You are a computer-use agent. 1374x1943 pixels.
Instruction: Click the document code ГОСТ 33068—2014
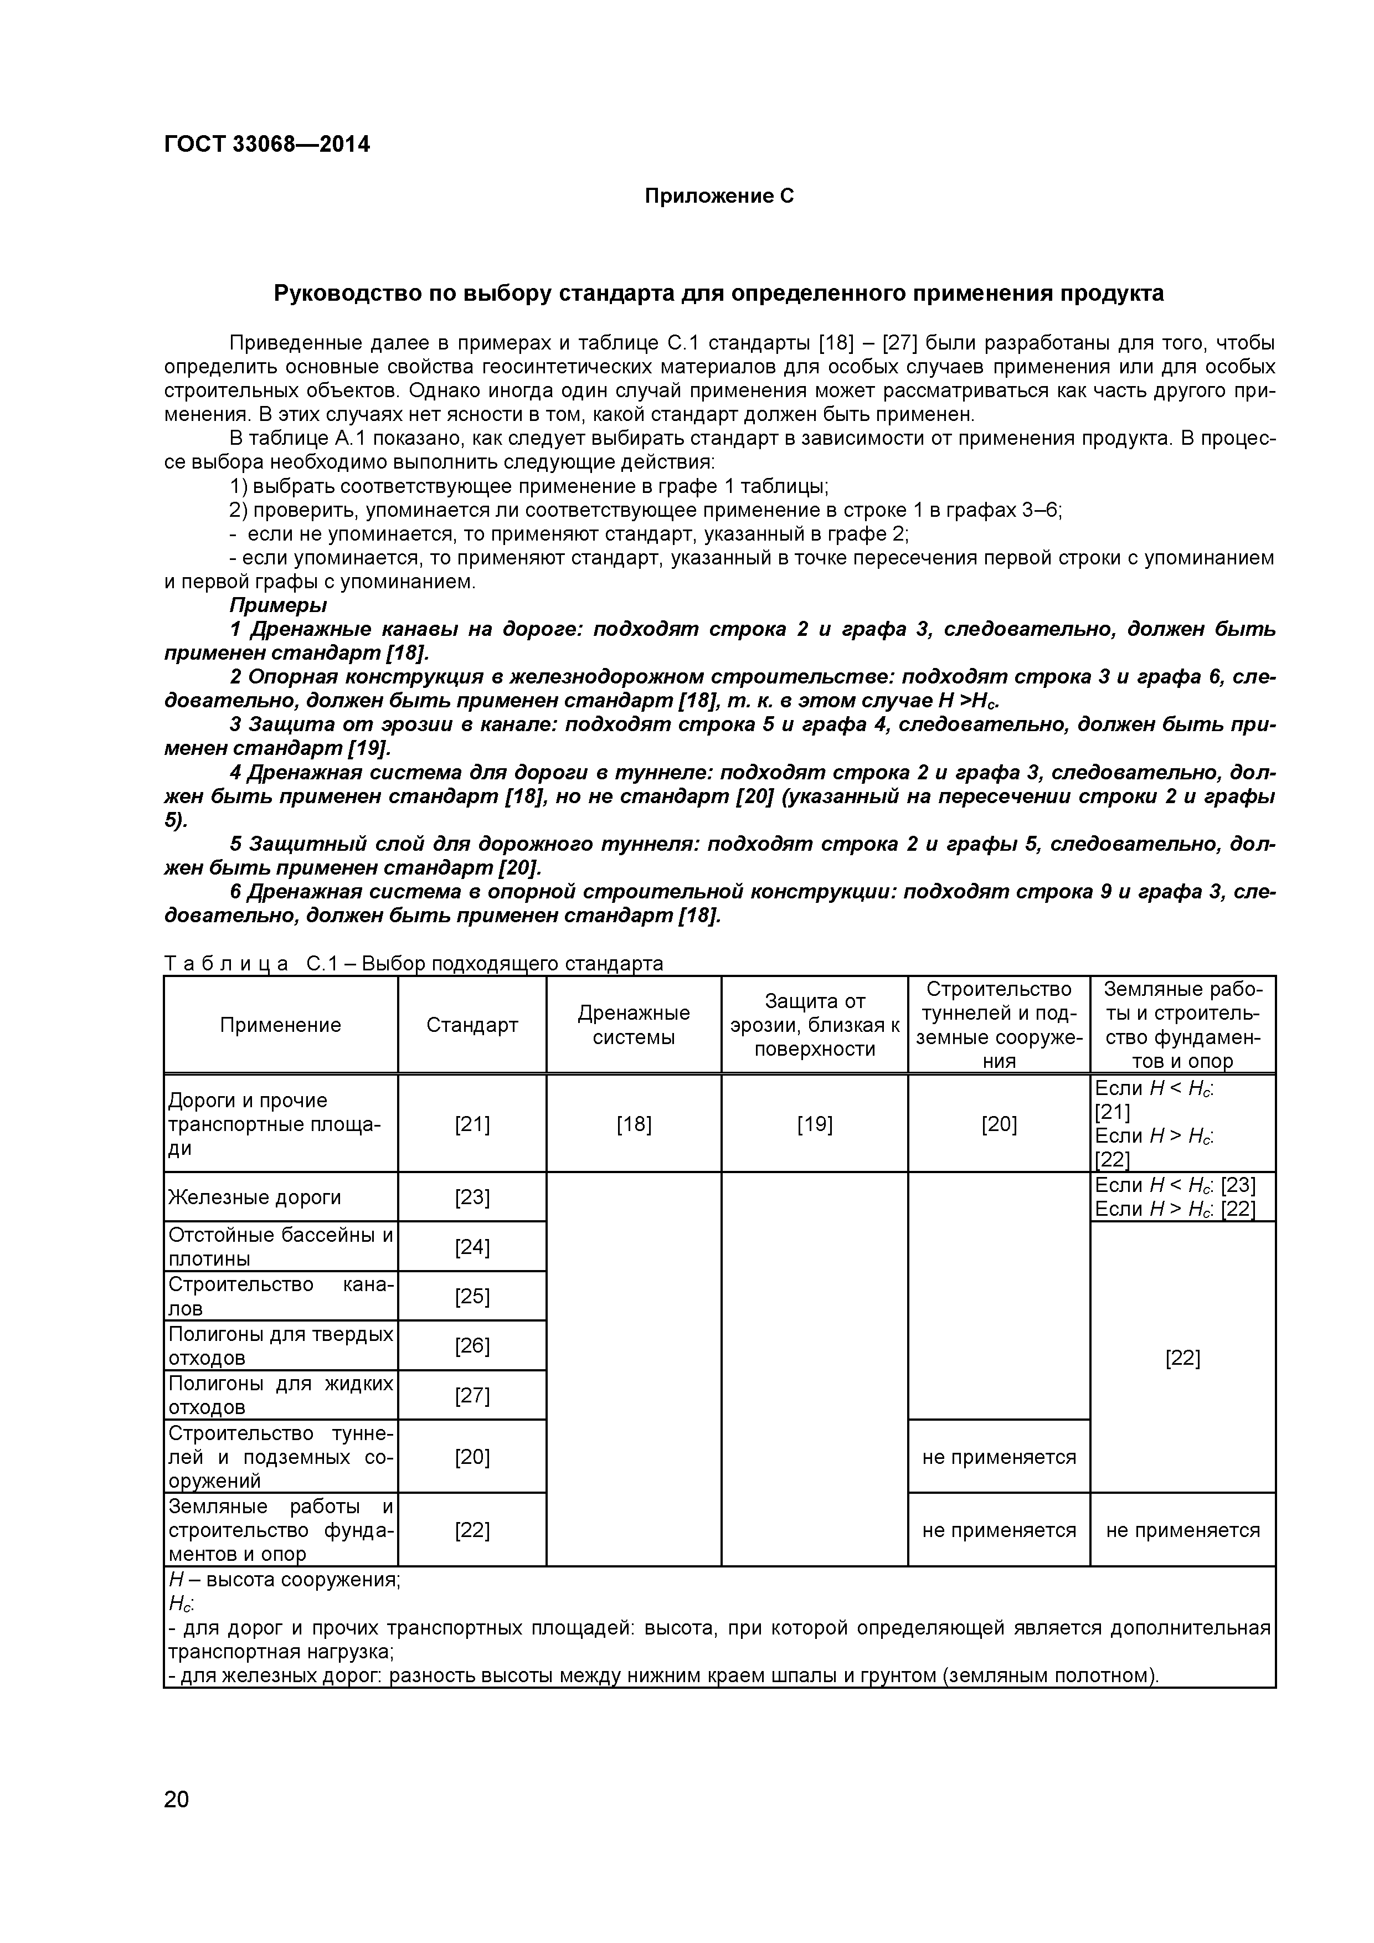click(266, 145)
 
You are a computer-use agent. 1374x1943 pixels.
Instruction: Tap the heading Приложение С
click(719, 196)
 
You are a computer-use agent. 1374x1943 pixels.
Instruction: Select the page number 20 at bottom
click(177, 1823)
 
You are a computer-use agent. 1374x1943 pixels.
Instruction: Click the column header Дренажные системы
click(633, 1025)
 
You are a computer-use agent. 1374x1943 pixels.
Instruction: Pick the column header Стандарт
click(472, 1025)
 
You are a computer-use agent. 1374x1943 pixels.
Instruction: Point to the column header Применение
click(280, 1025)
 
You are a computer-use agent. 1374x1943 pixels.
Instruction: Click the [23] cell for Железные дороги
click(472, 1196)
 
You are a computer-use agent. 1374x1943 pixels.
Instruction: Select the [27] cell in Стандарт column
click(472, 1395)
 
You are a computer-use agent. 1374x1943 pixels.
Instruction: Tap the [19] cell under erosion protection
click(814, 1124)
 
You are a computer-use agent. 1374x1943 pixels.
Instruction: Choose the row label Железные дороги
click(255, 1196)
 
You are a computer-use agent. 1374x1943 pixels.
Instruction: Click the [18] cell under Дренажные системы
click(633, 1124)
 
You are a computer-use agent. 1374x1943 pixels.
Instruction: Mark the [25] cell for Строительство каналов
click(472, 1296)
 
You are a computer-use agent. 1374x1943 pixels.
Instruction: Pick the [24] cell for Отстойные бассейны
click(472, 1247)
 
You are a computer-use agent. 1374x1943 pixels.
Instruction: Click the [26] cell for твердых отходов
click(472, 1345)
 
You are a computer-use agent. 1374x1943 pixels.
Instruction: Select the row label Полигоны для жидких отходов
click(280, 1395)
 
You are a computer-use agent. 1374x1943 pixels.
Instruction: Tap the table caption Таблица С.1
click(413, 963)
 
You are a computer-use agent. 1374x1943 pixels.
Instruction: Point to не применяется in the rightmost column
click(1182, 1530)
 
